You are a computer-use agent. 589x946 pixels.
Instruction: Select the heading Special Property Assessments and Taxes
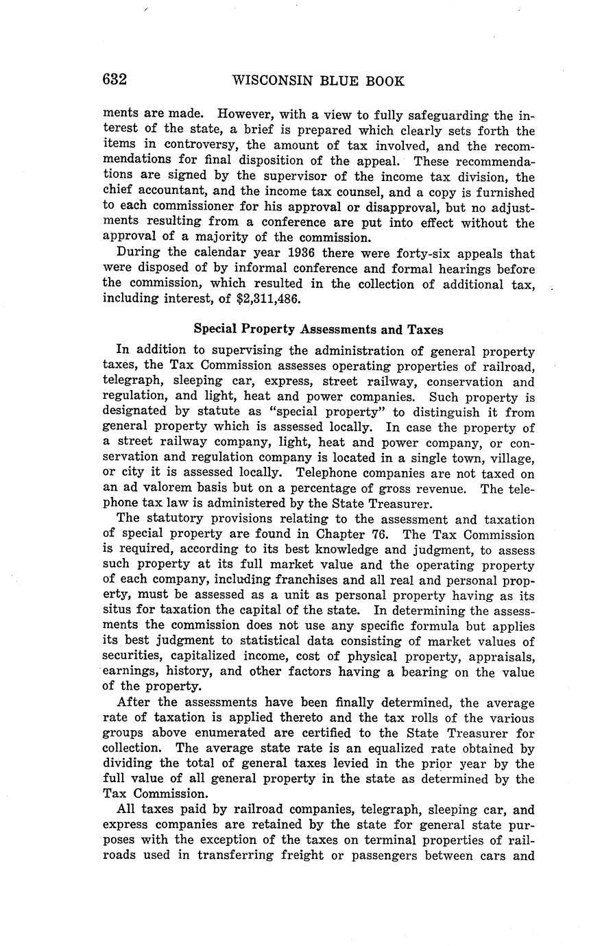coord(318,329)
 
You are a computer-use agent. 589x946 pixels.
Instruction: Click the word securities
coord(137,656)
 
